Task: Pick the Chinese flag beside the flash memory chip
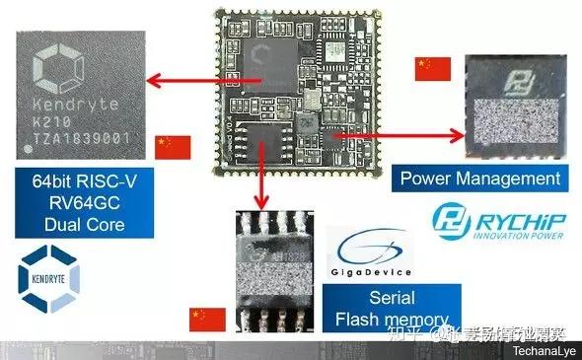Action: pos(207,319)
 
